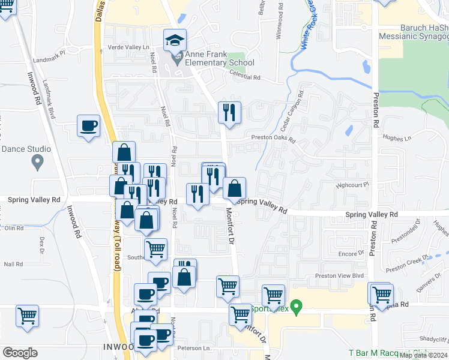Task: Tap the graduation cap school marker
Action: pyautogui.click(x=175, y=41)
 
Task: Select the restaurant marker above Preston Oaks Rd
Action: pyautogui.click(x=229, y=113)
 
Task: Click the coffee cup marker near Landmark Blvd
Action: pyautogui.click(x=89, y=126)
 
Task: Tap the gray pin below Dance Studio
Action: pyautogui.click(x=37, y=161)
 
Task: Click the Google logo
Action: pyautogui.click(x=20, y=353)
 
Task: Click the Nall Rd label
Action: pyautogui.click(x=13, y=264)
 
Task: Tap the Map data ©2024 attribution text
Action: pyautogui.click(x=423, y=355)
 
